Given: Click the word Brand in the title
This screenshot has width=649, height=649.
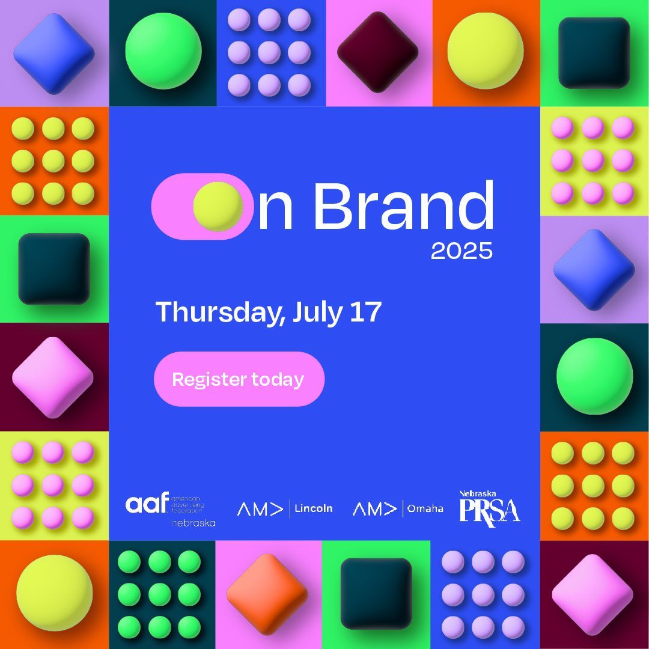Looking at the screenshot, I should click(x=403, y=206).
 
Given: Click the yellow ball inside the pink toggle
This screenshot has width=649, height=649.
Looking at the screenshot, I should click(x=218, y=206).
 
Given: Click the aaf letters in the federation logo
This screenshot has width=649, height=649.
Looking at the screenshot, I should click(x=147, y=504).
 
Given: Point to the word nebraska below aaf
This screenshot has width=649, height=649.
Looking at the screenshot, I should click(x=193, y=523).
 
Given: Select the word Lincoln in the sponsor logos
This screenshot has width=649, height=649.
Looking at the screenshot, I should click(x=313, y=508).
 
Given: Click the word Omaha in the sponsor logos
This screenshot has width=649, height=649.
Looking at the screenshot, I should click(x=425, y=508).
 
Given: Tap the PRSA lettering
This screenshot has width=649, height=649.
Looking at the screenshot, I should click(x=489, y=511).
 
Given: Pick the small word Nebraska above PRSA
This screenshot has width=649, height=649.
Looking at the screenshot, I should click(x=478, y=493).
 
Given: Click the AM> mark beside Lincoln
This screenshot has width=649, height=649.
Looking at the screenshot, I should click(x=260, y=509).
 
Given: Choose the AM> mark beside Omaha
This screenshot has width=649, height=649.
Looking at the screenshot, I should click(x=374, y=509).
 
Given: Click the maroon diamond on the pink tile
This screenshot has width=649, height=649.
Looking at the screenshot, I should click(x=377, y=53).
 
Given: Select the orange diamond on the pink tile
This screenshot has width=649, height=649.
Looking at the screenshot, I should click(x=267, y=594).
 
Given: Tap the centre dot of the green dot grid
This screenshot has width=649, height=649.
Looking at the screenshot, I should click(x=159, y=594).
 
